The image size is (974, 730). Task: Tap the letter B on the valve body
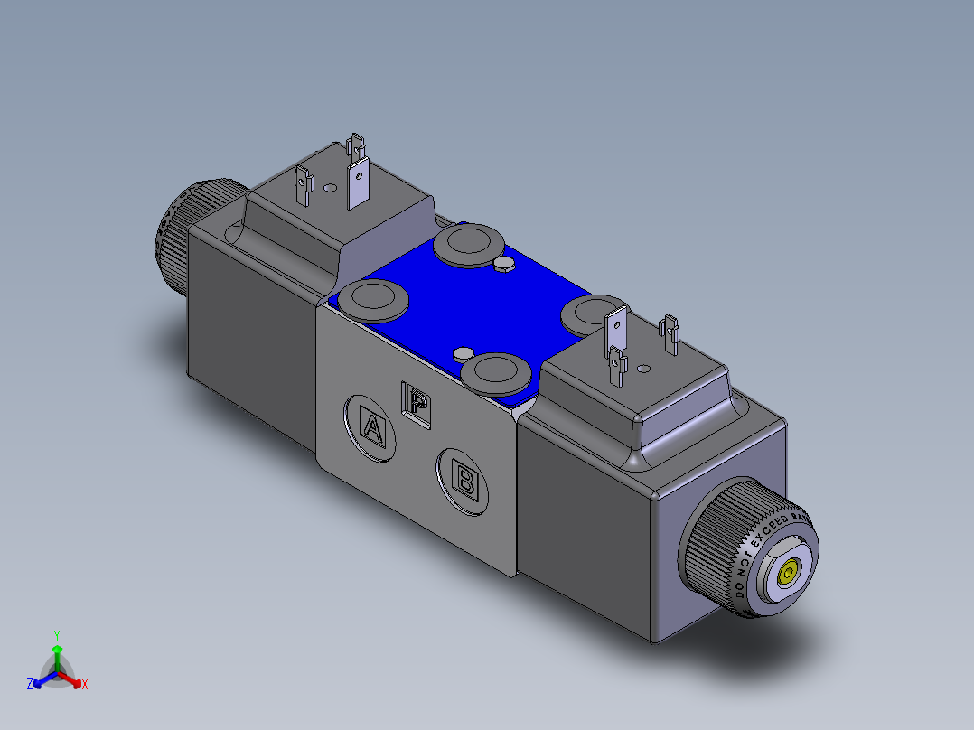tap(465, 480)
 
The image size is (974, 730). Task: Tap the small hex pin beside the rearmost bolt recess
tap(504, 264)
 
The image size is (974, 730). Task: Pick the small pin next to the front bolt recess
tap(464, 352)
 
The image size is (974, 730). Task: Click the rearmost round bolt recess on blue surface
tap(468, 243)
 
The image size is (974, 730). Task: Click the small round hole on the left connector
tap(330, 188)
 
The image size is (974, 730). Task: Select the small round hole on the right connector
tap(643, 369)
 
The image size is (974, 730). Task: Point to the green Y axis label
tap(56, 634)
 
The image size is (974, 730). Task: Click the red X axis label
tap(85, 685)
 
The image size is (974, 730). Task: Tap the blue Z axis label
tap(30, 684)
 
